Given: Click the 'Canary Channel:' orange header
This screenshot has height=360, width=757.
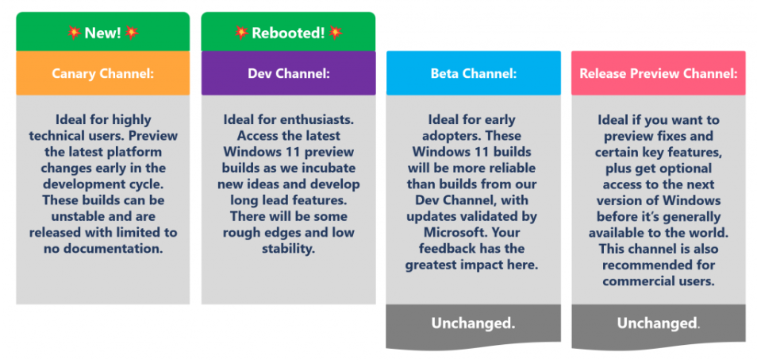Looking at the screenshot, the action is click(x=103, y=73).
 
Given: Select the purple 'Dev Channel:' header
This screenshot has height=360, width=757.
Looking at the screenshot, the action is click(x=288, y=73).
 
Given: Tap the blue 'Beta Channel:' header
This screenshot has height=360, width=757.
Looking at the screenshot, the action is click(x=474, y=73).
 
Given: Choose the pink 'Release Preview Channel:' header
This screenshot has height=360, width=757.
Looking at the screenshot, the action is click(x=659, y=73).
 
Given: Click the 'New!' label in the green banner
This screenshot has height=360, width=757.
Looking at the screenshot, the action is click(x=103, y=33).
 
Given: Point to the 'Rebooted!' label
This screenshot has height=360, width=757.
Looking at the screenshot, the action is click(x=288, y=33).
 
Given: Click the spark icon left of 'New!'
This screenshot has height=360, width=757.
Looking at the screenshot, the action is click(x=75, y=33).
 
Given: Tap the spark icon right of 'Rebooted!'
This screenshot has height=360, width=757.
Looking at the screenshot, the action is click(x=336, y=33).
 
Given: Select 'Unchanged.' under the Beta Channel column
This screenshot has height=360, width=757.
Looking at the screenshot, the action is click(x=473, y=323).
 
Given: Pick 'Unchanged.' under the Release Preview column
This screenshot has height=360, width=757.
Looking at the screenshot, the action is click(x=659, y=323).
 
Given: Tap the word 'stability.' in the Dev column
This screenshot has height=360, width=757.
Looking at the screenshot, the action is click(x=288, y=249).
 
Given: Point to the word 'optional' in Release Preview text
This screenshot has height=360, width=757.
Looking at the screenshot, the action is click(x=684, y=168).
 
